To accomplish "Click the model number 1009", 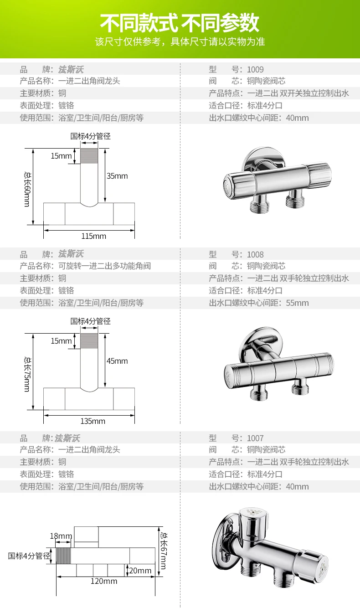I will (x=255, y=70).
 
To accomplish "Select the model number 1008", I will (x=255, y=254).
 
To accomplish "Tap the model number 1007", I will (x=255, y=438).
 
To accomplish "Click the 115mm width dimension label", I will (x=93, y=236).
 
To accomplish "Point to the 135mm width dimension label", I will (x=93, y=421).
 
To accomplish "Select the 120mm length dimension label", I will (x=104, y=581).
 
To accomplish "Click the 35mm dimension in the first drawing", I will (x=117, y=176).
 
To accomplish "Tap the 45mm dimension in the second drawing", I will (x=117, y=361).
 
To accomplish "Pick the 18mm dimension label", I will (x=61, y=536).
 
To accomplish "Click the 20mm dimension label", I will (x=140, y=571).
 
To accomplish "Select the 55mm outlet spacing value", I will (x=297, y=303).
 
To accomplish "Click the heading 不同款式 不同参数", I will (x=180, y=22).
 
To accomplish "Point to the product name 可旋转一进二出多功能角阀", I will (x=105, y=266).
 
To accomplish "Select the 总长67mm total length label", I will (x=163, y=551).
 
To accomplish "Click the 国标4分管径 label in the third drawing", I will (x=29, y=556).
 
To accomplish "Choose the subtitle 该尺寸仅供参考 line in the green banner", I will (x=180, y=42).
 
